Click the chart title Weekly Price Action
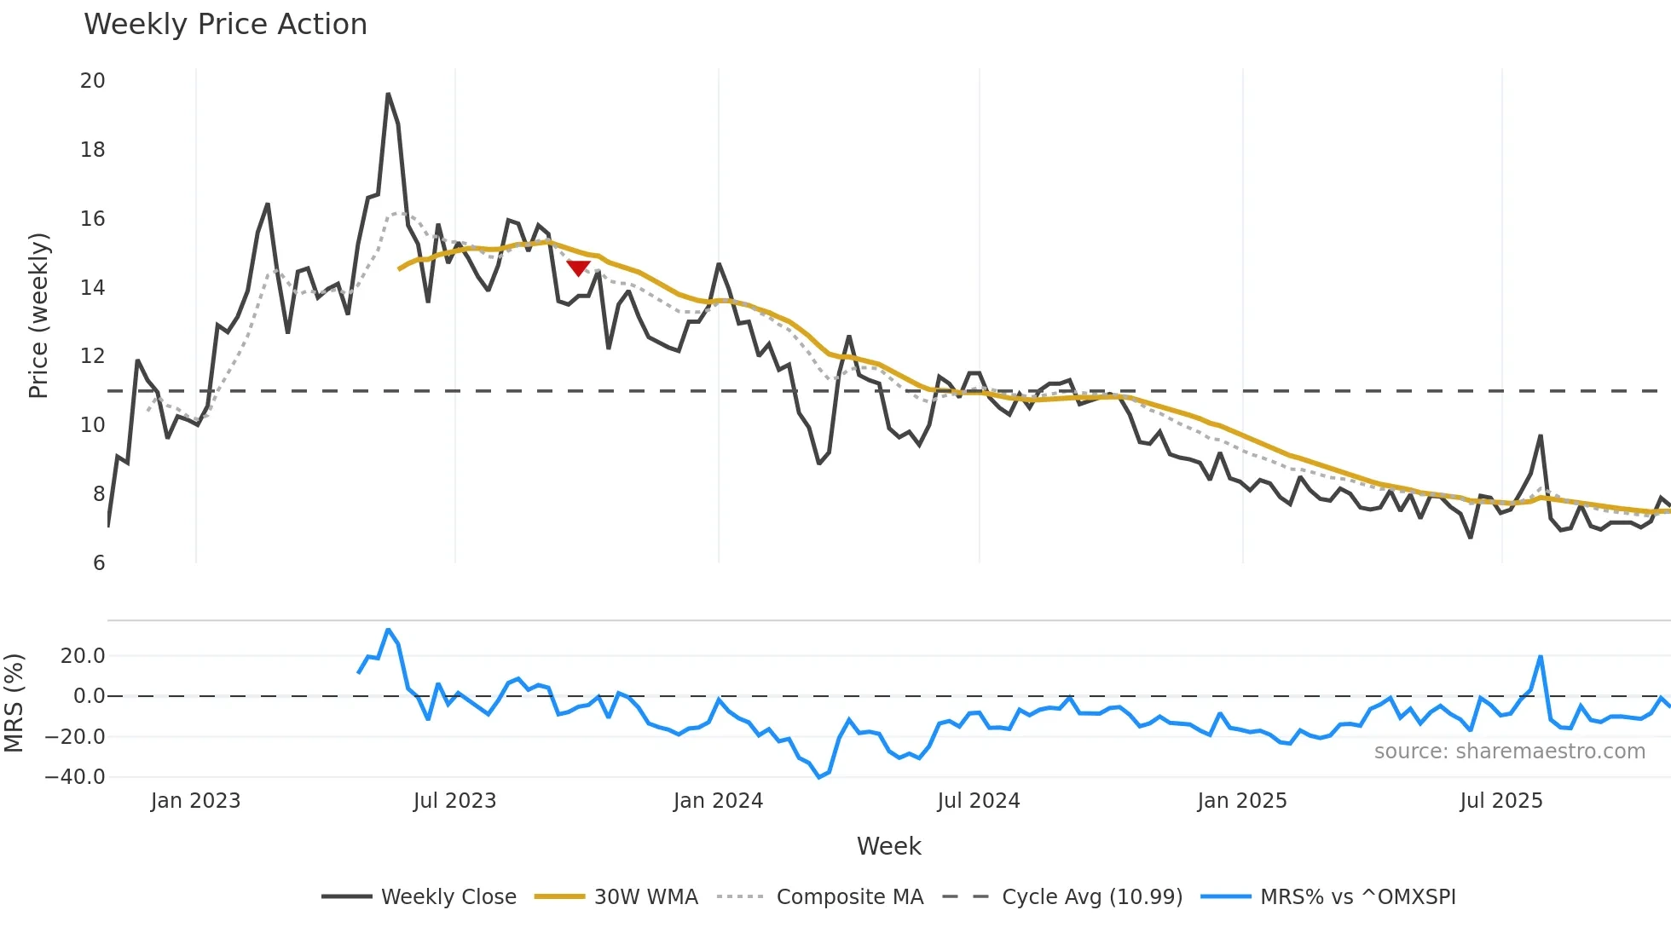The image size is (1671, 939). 225,24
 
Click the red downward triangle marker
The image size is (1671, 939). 578,268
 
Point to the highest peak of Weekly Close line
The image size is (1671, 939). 388,95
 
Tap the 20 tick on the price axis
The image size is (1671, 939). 92,81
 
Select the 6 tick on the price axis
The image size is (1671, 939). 99,563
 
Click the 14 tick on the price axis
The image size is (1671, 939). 92,288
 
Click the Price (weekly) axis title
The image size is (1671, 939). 38,315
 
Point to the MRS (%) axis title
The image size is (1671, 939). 14,703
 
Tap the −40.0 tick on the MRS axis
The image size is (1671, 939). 75,777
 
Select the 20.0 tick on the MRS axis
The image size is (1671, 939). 83,656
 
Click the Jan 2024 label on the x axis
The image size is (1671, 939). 718,801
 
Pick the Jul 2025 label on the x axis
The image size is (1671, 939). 1500,801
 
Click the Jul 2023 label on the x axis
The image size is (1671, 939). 454,801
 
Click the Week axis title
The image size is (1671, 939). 888,846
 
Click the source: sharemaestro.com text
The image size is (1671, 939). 1509,752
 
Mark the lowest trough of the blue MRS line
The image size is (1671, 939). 819,777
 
